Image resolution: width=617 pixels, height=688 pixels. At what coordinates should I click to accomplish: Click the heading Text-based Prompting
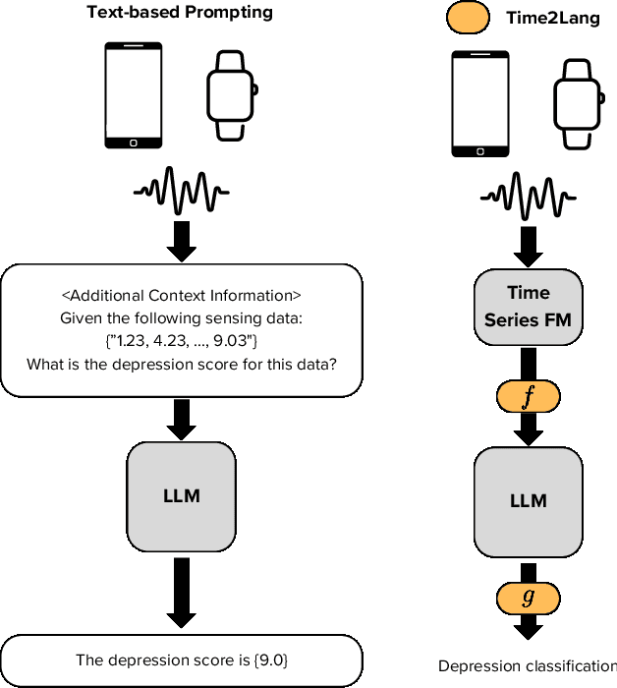[180, 13]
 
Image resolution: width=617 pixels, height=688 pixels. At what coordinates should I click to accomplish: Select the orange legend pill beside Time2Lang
[467, 17]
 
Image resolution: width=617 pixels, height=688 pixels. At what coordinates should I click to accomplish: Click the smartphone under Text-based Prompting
[133, 96]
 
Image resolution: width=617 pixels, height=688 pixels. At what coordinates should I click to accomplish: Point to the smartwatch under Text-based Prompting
[233, 96]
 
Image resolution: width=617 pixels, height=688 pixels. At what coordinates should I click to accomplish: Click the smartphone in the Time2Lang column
[478, 104]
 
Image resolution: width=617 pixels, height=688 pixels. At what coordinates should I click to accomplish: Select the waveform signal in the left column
[181, 190]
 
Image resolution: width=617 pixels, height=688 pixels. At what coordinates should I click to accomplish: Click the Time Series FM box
[529, 306]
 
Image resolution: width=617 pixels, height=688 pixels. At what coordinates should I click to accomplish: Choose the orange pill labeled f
[528, 396]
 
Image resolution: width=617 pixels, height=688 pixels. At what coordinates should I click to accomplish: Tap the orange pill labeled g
[528, 597]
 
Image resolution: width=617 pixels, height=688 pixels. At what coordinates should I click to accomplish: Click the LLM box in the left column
[182, 495]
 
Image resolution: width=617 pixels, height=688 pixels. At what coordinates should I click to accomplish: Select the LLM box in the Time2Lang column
[529, 500]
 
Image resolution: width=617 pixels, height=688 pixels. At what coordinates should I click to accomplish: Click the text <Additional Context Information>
[182, 295]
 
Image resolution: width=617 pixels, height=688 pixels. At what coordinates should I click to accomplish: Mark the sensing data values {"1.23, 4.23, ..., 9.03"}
[181, 341]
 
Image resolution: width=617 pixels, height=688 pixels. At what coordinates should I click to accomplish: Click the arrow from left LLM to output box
[182, 593]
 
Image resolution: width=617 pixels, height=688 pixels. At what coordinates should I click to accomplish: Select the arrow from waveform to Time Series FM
[528, 242]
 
